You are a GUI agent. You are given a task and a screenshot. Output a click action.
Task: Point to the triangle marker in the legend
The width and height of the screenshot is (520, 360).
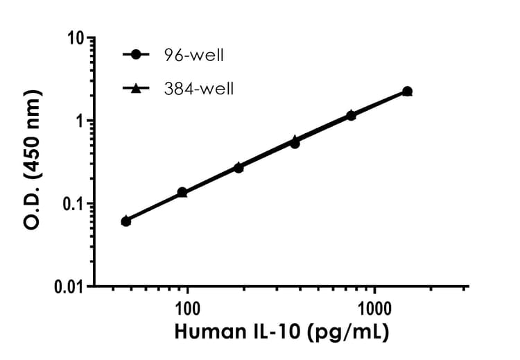point(137,88)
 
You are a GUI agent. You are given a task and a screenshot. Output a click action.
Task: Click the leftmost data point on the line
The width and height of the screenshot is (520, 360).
point(125,221)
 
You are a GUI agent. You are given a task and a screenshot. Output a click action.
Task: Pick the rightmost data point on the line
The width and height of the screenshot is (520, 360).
point(407,92)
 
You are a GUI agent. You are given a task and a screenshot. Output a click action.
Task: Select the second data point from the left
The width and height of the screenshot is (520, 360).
point(182,192)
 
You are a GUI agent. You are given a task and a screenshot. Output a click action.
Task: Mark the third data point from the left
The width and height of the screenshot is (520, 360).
point(239,168)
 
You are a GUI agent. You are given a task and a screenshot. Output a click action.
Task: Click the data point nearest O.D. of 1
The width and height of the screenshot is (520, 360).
point(351,115)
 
